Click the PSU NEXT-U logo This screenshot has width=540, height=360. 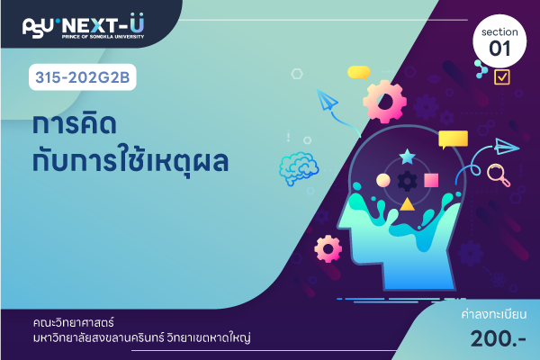coord(84,26)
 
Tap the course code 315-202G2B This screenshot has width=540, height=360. coord(83,77)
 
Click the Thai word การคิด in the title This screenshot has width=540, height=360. coord(75,124)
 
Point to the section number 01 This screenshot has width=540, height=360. coord(499,49)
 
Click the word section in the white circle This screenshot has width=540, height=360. coord(499,32)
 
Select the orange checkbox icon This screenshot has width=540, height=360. coord(502,76)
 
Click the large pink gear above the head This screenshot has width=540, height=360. coord(384,102)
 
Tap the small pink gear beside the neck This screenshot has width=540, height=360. coord(328,248)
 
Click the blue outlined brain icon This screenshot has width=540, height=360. coord(298,168)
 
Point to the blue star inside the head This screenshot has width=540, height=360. coord(407,157)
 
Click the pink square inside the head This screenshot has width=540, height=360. coord(431,180)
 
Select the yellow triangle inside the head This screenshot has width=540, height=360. coord(407,204)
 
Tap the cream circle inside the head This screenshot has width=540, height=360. coord(383,180)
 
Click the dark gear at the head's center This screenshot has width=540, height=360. coord(407,181)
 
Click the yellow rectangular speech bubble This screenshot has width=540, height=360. coord(453,139)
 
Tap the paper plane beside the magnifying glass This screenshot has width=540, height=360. coord(507,147)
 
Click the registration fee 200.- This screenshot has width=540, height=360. coord(498,339)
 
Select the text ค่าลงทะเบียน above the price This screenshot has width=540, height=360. coord(494,314)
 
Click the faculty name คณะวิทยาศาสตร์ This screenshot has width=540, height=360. coord(74,323)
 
